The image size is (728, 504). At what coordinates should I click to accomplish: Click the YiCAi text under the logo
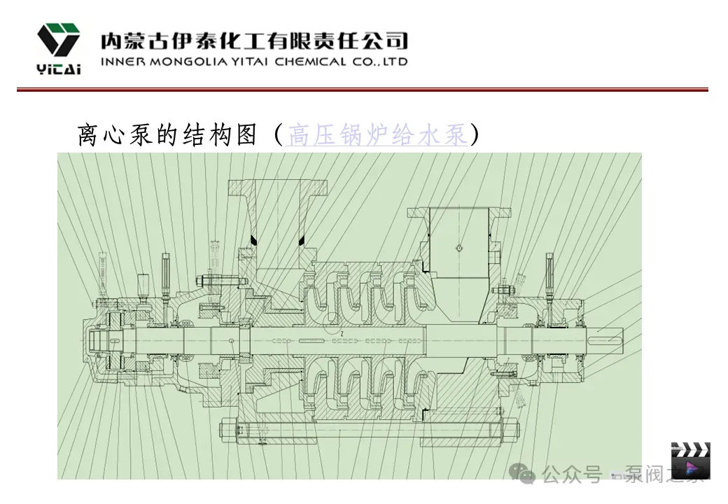58,69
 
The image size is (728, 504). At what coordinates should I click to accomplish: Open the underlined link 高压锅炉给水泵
377,135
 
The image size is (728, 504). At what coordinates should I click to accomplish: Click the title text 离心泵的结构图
167,135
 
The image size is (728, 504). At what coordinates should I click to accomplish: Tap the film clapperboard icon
690,461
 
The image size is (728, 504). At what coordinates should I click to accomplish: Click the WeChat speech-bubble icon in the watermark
526,475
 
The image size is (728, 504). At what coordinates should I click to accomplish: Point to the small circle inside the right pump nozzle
457,246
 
